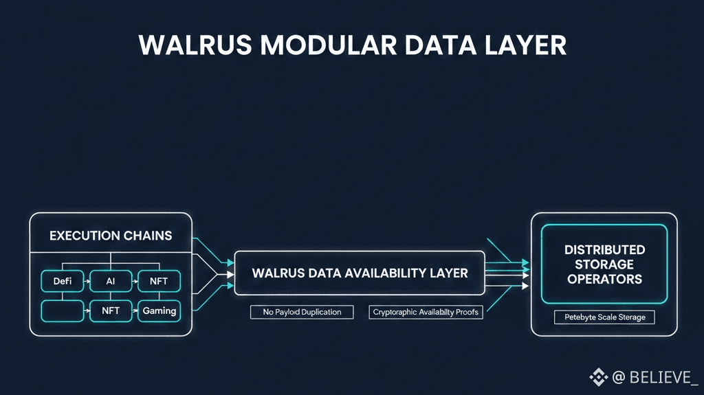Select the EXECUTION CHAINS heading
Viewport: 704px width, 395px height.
(111, 236)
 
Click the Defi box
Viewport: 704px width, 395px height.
(63, 281)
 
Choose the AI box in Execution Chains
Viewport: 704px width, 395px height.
(111, 281)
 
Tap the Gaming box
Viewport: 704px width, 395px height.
(159, 311)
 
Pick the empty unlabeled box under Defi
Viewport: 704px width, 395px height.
(63, 311)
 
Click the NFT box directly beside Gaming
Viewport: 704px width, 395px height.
(111, 311)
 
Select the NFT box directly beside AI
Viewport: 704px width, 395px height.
(159, 281)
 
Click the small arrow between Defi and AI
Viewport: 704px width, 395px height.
(87, 281)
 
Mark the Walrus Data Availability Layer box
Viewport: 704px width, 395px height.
(360, 273)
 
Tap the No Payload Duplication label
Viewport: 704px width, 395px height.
(302, 312)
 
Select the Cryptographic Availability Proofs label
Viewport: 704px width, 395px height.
(426, 312)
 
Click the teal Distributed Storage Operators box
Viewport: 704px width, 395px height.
(604, 264)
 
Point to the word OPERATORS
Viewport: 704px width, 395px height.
(605, 279)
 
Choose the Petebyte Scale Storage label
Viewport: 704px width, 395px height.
(604, 317)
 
